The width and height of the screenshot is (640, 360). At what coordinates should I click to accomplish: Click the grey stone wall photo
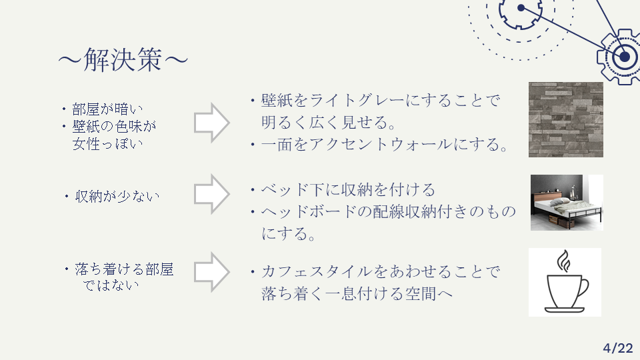(565, 119)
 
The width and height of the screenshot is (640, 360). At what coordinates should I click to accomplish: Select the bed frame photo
(567, 203)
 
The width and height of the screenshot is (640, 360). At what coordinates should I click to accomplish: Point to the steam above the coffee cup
(564, 261)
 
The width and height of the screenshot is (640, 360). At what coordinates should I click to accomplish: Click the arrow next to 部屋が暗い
(211, 122)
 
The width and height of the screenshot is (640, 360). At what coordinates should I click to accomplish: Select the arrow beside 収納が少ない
(211, 193)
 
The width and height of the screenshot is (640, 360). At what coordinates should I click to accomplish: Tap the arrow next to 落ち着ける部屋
(211, 271)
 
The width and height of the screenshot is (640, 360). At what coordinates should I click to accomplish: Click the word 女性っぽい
(108, 143)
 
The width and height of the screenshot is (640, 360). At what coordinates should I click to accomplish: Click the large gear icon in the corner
(623, 57)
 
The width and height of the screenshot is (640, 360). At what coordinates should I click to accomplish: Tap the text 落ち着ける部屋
(124, 269)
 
